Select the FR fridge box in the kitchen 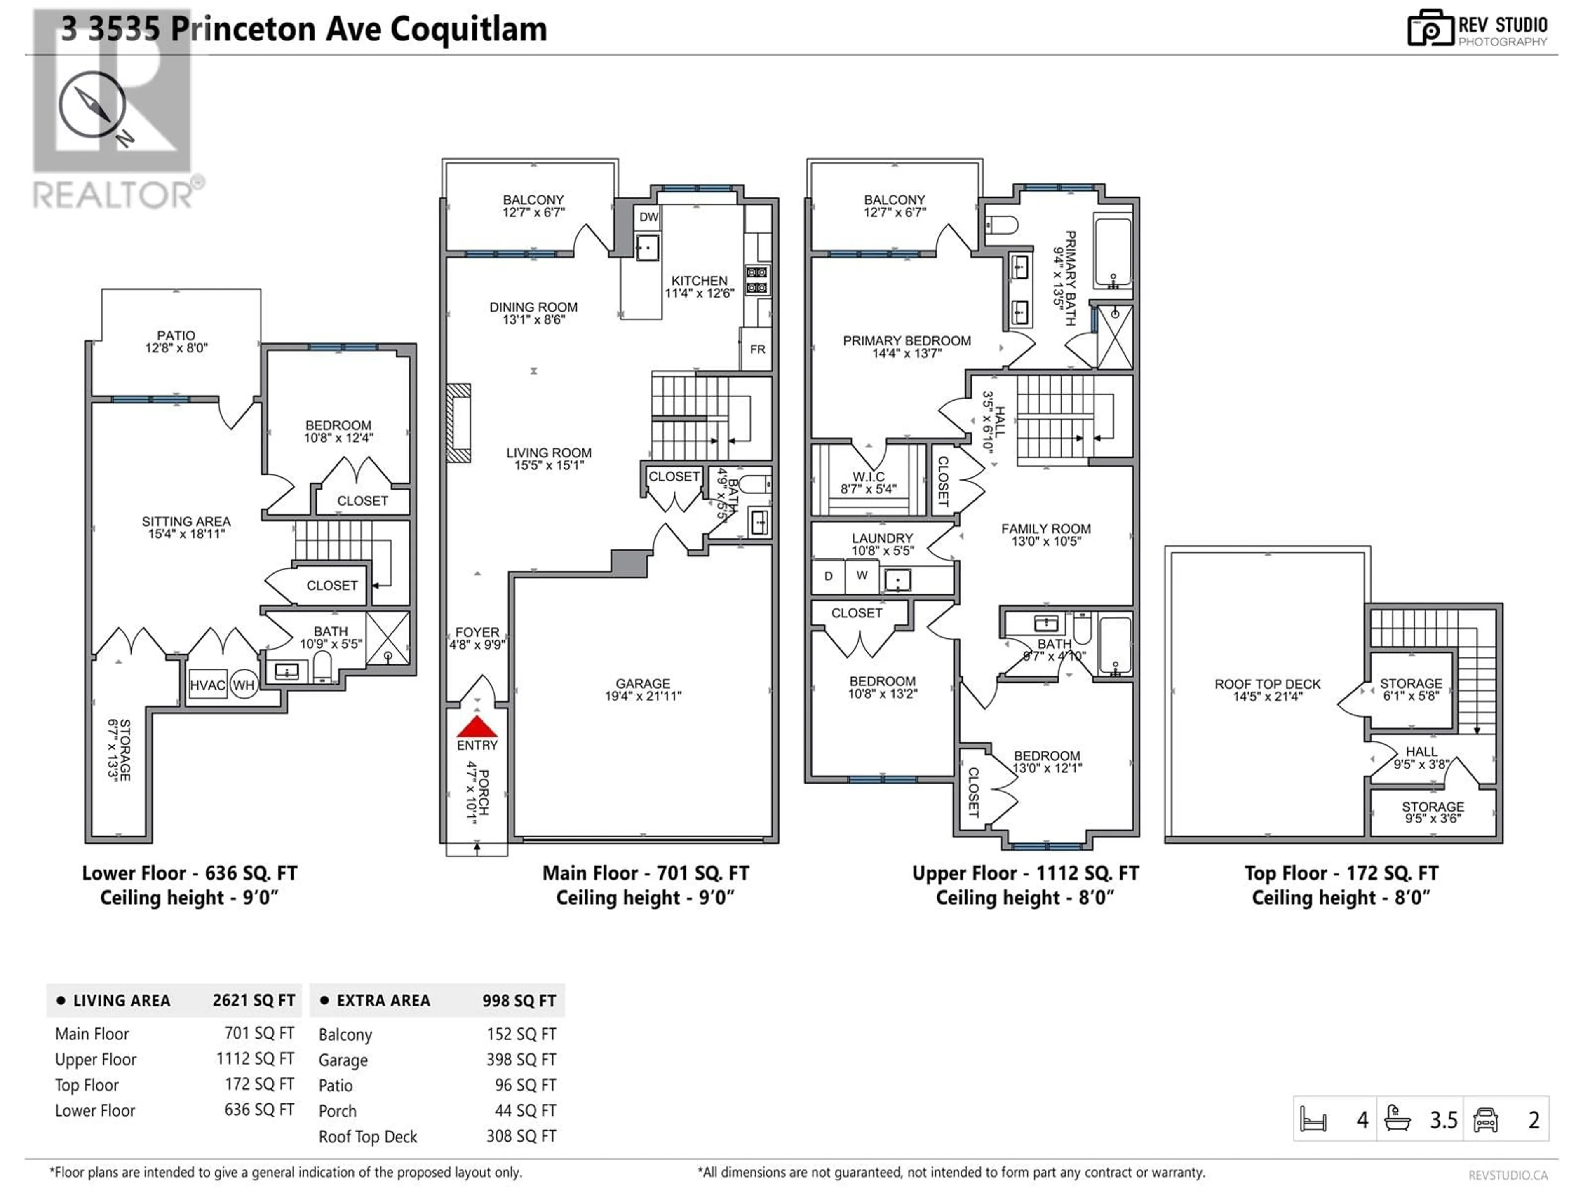[x=757, y=349]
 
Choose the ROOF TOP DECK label [x=1267, y=684]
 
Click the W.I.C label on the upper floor [x=869, y=476]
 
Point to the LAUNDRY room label [x=882, y=538]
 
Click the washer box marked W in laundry [x=862, y=576]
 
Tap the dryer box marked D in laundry [x=829, y=576]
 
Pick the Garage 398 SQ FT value [x=521, y=1060]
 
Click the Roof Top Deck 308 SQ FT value [x=521, y=1136]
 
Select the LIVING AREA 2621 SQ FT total [x=254, y=1000]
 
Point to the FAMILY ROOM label [x=1045, y=529]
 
